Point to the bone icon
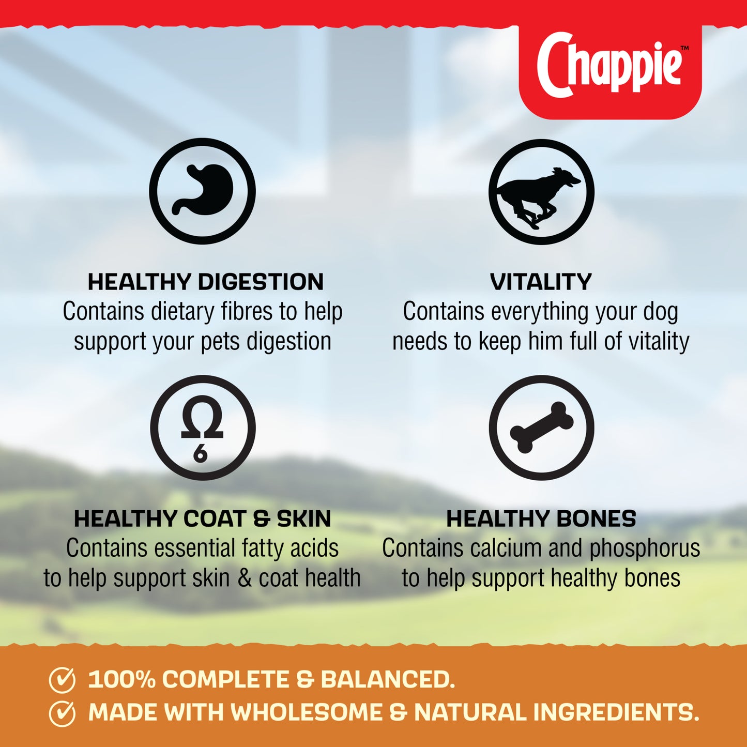[541, 428]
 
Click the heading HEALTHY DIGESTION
[205, 282]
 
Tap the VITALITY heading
[541, 282]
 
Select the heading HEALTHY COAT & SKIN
[202, 519]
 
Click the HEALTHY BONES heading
[541, 519]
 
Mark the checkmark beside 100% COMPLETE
[62, 679]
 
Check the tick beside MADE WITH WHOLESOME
[62, 713]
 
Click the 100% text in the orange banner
[121, 679]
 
